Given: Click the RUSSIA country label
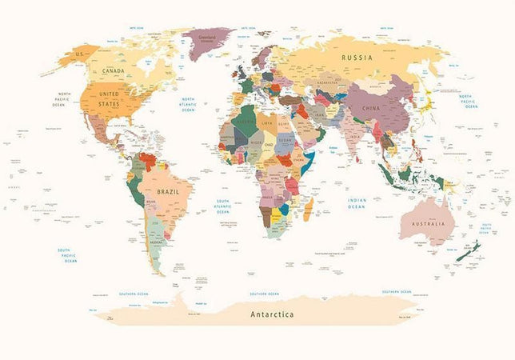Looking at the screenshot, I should [x=357, y=58].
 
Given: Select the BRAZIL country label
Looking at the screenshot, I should [x=169, y=193].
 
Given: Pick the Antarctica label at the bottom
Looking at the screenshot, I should [x=272, y=314].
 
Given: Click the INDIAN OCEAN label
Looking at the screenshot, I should [x=357, y=204].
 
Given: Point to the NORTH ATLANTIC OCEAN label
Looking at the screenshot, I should [x=188, y=103].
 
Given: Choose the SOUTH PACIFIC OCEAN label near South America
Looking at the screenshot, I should [x=69, y=255].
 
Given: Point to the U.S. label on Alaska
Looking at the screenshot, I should [x=79, y=54].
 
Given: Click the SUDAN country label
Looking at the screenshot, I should [x=285, y=142].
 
